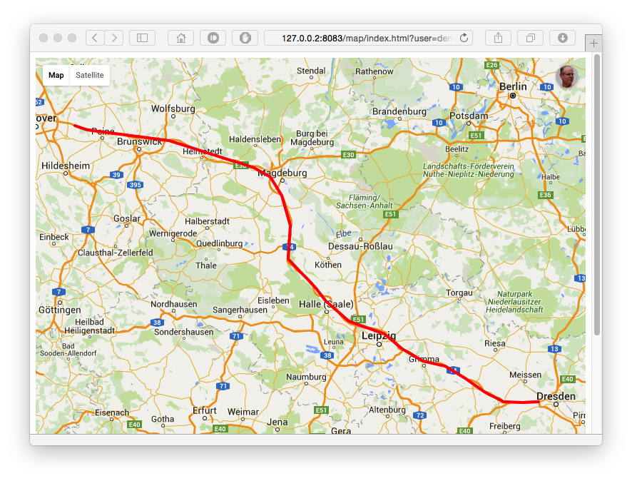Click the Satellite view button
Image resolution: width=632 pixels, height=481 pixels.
pyautogui.click(x=90, y=75)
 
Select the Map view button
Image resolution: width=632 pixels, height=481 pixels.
pyautogui.click(x=56, y=75)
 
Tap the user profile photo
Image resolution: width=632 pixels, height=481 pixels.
pyautogui.click(x=566, y=77)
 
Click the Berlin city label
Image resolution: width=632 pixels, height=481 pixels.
pyautogui.click(x=513, y=86)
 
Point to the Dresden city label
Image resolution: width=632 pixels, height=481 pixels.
pyautogui.click(x=556, y=396)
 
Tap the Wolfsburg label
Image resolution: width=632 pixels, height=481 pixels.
pyautogui.click(x=173, y=108)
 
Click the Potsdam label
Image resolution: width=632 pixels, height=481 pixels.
pyautogui.click(x=469, y=115)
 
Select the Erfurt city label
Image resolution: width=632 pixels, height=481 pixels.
pyautogui.click(x=204, y=410)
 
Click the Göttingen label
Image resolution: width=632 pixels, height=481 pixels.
pyautogui.click(x=59, y=310)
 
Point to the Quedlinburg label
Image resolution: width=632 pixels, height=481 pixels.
pyautogui.click(x=219, y=243)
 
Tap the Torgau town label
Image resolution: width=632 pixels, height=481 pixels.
pyautogui.click(x=459, y=293)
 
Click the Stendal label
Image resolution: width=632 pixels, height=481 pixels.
pyautogui.click(x=311, y=71)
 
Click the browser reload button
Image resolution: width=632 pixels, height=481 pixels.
pyautogui.click(x=464, y=38)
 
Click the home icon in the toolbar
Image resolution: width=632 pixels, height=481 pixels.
pyautogui.click(x=180, y=38)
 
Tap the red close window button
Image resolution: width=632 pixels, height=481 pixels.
pyautogui.click(x=44, y=38)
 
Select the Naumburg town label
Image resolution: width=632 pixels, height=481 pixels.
pyautogui.click(x=306, y=377)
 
